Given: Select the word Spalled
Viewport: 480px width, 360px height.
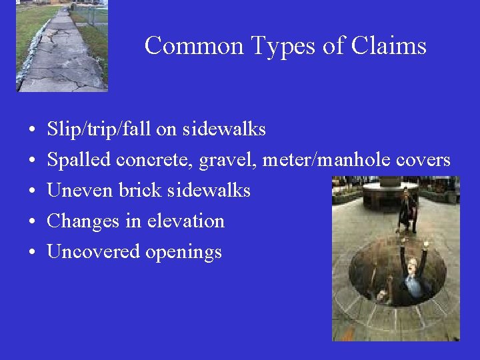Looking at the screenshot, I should click(x=79, y=160).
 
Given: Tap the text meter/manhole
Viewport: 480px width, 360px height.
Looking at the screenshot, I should click(x=325, y=160).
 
